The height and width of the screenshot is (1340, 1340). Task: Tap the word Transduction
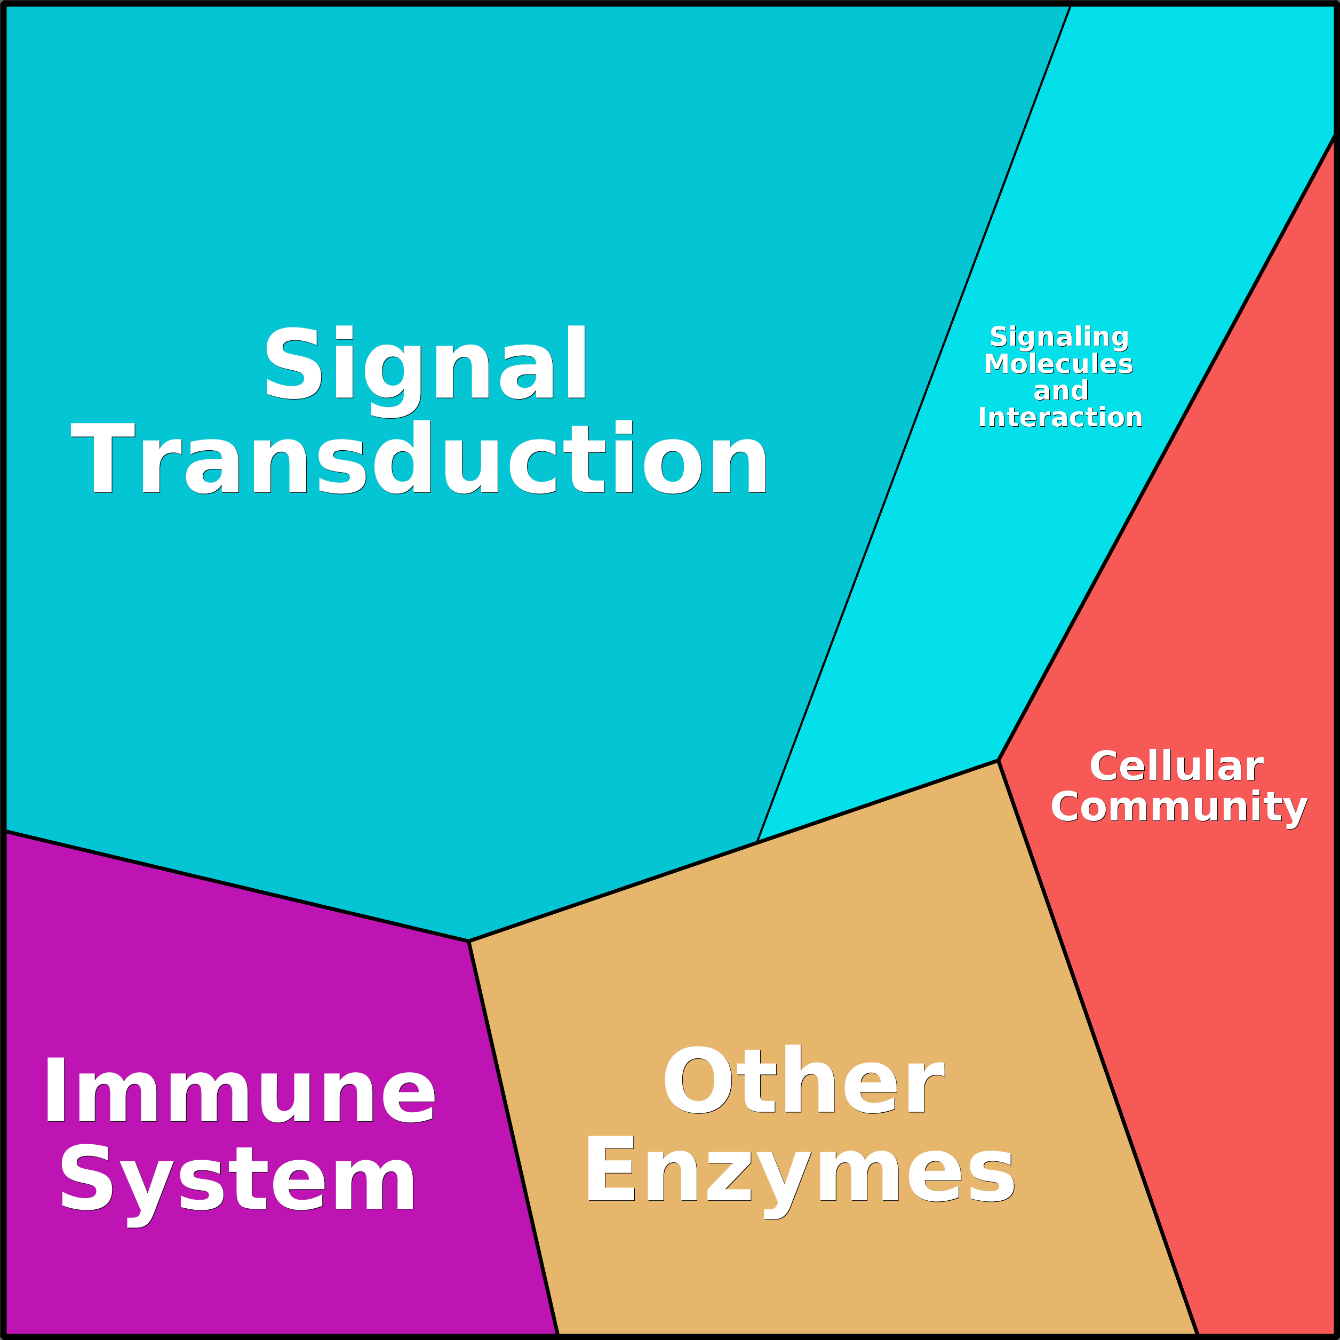419,460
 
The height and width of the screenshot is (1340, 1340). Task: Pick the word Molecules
1058,364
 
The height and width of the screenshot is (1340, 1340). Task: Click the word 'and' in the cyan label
1060,390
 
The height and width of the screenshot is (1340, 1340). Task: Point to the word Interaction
1060,418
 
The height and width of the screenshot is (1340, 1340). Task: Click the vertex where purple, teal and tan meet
469,941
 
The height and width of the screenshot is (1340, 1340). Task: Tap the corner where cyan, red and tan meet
998,760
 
